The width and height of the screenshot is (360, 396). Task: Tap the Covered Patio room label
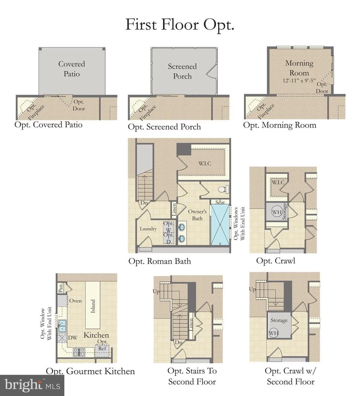72,69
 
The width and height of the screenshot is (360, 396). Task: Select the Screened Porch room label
182,71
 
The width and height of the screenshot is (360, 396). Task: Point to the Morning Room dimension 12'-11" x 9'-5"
299,81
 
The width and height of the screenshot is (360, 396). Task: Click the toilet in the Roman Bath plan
223,189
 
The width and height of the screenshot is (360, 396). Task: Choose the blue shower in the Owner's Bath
220,224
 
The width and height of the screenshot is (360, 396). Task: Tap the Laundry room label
148,228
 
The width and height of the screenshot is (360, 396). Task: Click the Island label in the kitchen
93,306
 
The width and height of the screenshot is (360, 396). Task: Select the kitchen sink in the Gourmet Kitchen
62,326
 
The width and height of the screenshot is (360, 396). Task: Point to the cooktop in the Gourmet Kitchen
79,352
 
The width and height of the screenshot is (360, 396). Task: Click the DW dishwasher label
73,338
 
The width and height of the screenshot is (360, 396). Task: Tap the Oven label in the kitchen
75,301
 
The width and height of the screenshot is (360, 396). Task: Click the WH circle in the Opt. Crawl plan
277,212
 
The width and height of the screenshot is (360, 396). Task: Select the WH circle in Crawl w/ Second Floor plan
274,333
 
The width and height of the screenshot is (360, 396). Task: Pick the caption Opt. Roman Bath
159,261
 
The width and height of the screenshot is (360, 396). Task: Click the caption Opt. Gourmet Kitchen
90,371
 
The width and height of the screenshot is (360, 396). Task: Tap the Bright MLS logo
32,385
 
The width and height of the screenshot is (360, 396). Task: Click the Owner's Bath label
197,215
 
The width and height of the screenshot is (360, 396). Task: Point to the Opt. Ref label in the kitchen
103,345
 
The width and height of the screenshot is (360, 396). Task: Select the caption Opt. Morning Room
279,125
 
